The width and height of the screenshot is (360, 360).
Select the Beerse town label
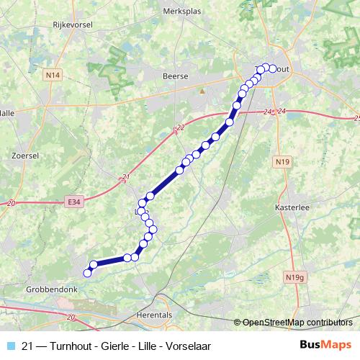point(176,76)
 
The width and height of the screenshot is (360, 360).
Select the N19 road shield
point(282,163)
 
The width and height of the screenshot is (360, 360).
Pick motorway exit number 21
point(127,176)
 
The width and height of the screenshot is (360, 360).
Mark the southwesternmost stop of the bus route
point(88,273)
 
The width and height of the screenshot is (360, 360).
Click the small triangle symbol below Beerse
point(202,91)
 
